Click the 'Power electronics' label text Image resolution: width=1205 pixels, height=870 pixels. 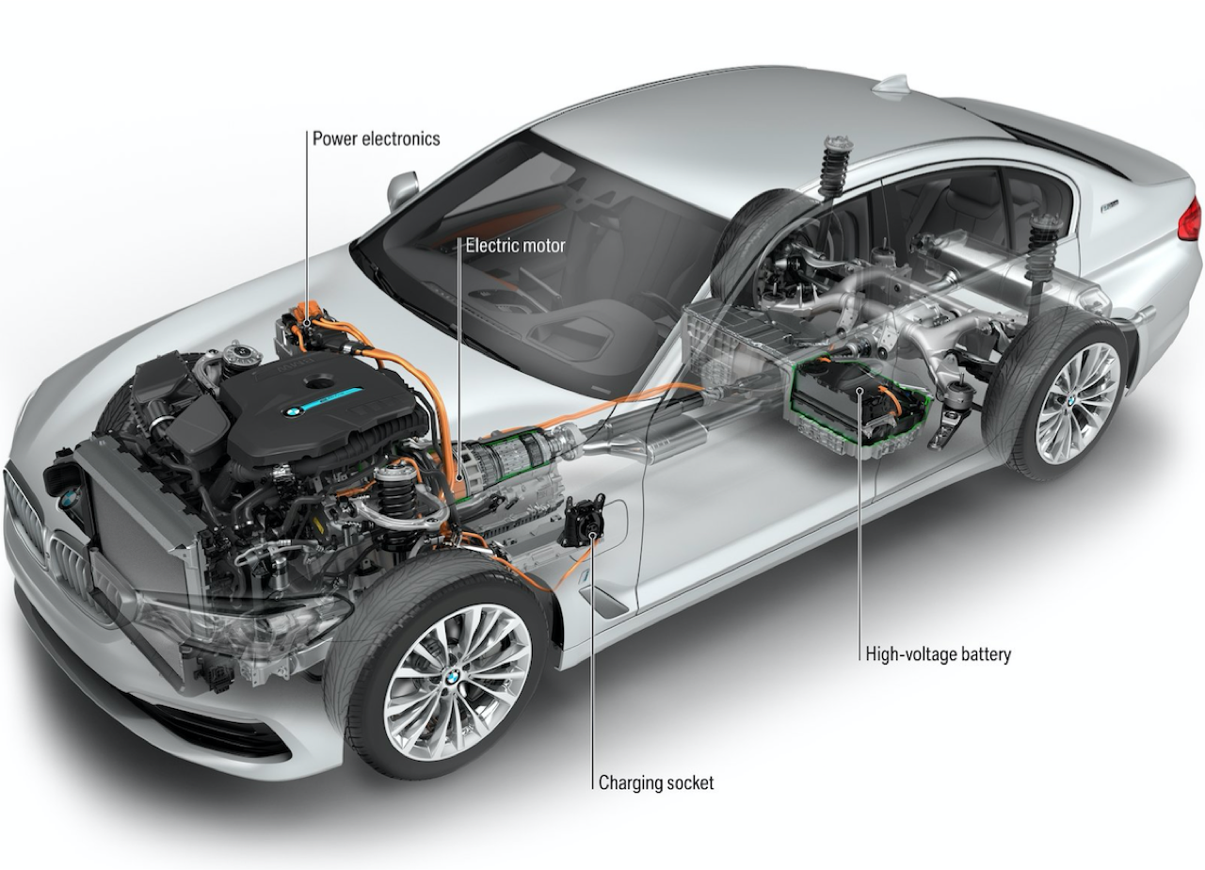[x=376, y=138]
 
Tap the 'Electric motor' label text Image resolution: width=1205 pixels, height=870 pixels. [x=515, y=246]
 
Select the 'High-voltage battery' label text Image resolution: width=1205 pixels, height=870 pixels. [x=939, y=654]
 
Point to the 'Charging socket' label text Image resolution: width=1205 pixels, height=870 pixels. [x=656, y=782]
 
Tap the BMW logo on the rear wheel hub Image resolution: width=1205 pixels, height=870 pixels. [x=1070, y=401]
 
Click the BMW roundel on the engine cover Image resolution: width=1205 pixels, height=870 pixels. [x=293, y=412]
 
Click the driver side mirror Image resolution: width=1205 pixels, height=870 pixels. [x=402, y=188]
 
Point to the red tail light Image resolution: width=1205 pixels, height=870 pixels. [x=1190, y=219]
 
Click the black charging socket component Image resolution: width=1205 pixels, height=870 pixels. [x=582, y=521]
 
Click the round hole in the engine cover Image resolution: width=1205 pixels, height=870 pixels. [x=319, y=382]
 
